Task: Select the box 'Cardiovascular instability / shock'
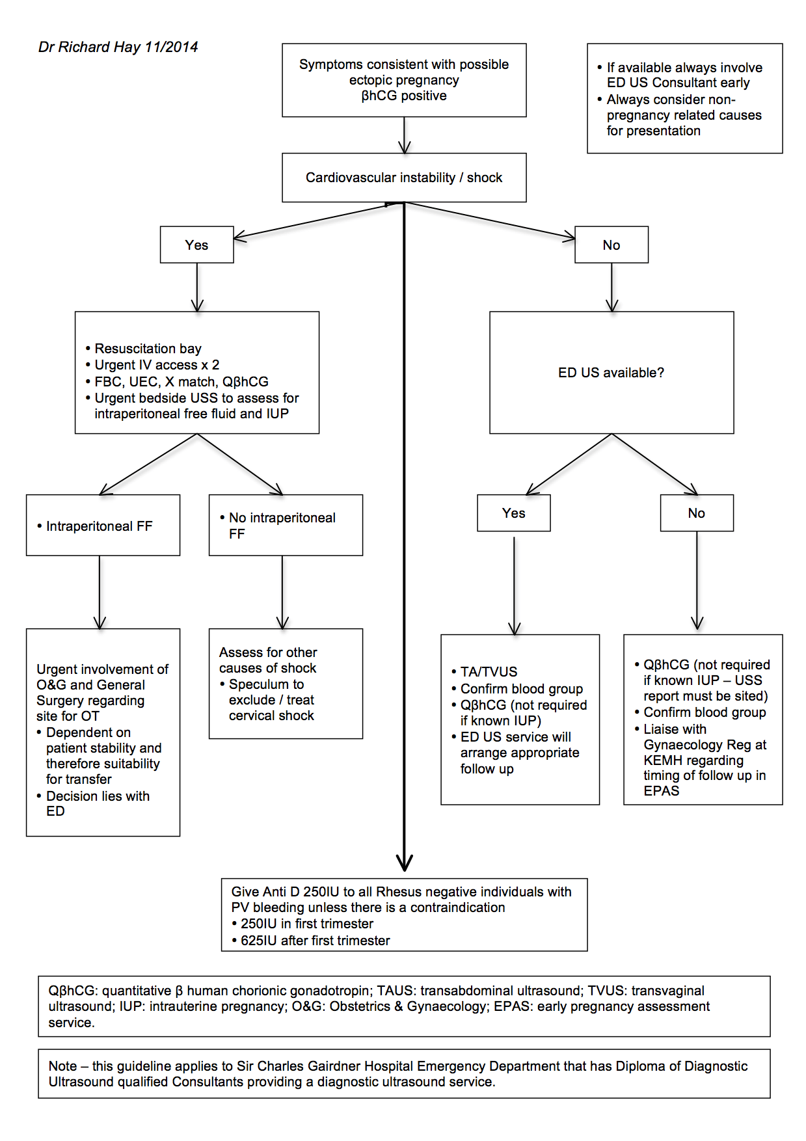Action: coord(404,178)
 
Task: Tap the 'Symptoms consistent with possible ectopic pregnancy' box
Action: coord(404,80)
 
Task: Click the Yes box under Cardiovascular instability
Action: coord(196,245)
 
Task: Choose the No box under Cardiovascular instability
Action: coord(611,245)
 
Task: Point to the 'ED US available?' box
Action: coord(611,373)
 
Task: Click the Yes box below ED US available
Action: coord(514,513)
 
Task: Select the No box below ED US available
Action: coord(697,513)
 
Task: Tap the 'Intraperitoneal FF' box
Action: coord(103,526)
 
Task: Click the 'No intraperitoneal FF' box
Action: coord(286,526)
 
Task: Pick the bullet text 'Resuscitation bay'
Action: coord(148,349)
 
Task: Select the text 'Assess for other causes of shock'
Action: coord(268,660)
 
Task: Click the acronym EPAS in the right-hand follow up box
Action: coord(662,791)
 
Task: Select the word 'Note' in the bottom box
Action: coord(62,1066)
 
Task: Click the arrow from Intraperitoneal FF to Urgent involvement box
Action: coord(100,593)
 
